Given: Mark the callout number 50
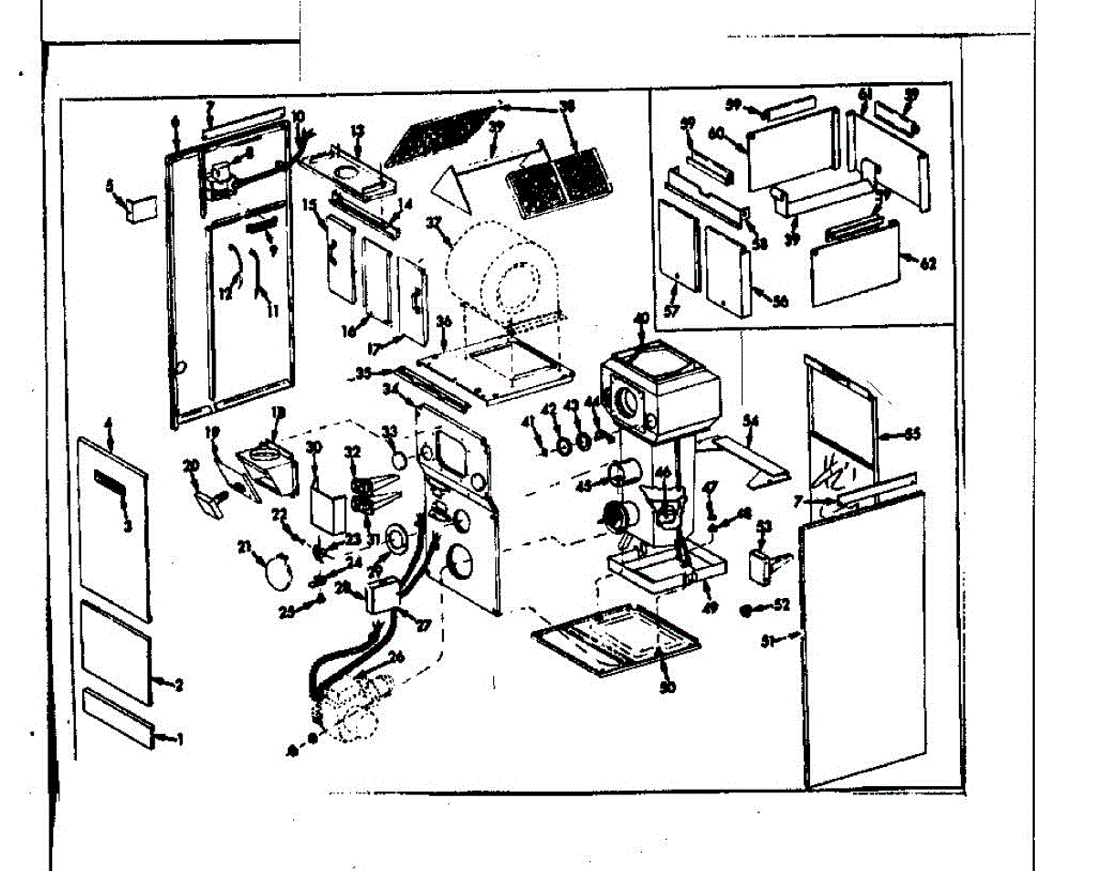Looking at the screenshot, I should click(x=667, y=687).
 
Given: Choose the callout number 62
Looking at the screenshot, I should click(x=929, y=265).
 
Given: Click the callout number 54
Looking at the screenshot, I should click(x=752, y=420).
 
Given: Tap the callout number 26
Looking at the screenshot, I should click(x=395, y=657).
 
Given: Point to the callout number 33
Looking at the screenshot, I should click(x=389, y=431).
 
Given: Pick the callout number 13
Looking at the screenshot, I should click(x=357, y=130).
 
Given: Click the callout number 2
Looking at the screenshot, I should click(x=179, y=684).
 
